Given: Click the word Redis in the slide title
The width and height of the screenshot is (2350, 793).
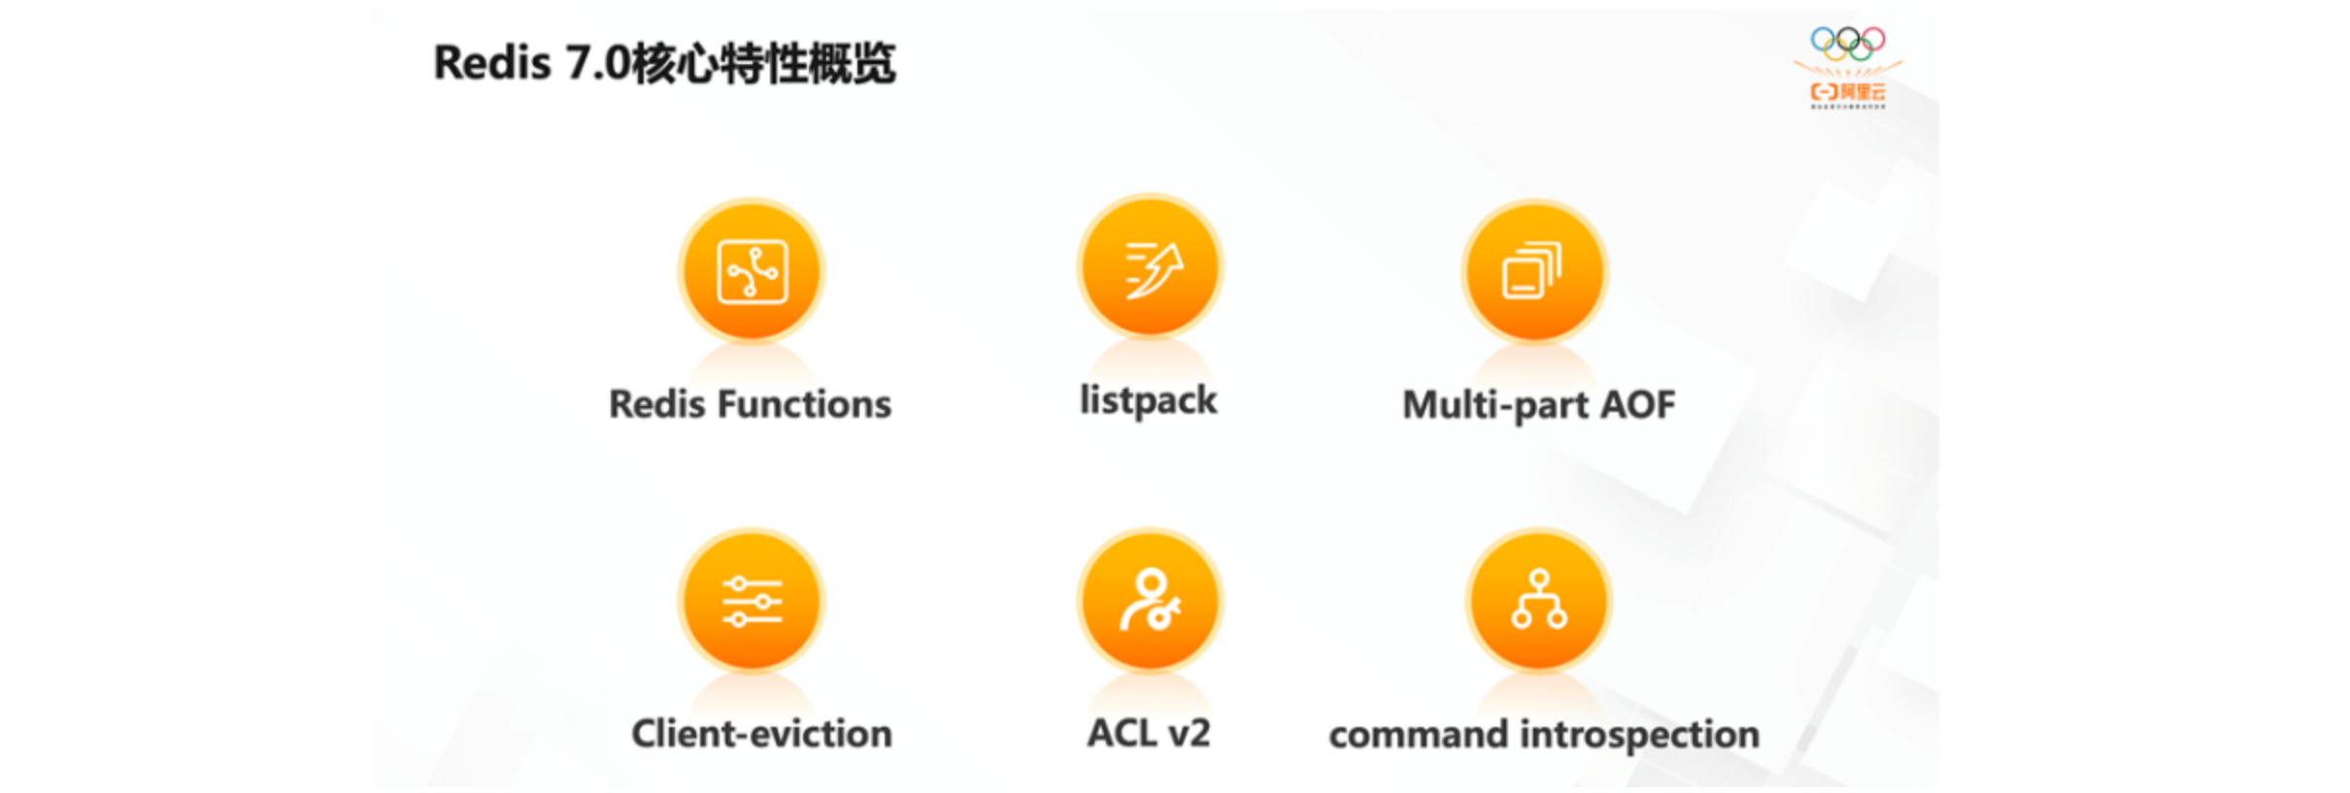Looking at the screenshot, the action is pos(491,63).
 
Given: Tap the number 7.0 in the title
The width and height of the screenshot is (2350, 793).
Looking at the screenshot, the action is pos(597,63).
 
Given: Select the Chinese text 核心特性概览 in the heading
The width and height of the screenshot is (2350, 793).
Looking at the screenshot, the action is pos(763,63).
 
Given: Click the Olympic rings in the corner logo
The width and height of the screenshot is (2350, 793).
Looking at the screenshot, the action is pos(1847,43).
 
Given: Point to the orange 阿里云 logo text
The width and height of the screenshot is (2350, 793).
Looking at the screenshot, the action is pos(1848,91).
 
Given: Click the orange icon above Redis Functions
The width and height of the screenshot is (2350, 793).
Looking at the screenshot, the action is pos(751,271).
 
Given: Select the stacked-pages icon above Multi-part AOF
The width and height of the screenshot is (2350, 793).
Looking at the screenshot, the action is pos(1534,271).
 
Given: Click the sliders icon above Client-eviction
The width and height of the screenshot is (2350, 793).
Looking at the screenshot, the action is pos(751,601).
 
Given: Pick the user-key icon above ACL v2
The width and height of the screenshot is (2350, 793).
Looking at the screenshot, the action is pos(1150,601).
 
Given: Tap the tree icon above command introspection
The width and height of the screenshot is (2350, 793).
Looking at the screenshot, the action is pos(1538,601).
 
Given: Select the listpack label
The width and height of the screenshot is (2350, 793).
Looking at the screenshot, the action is pos(1148,400).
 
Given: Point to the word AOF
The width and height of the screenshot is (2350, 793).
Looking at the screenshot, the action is pos(1638,404).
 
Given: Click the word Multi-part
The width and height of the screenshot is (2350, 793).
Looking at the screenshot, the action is pos(1496,404).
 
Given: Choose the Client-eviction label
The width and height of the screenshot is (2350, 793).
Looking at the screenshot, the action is pos(761,734).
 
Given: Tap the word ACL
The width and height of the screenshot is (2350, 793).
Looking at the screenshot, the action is pos(1120,733).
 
